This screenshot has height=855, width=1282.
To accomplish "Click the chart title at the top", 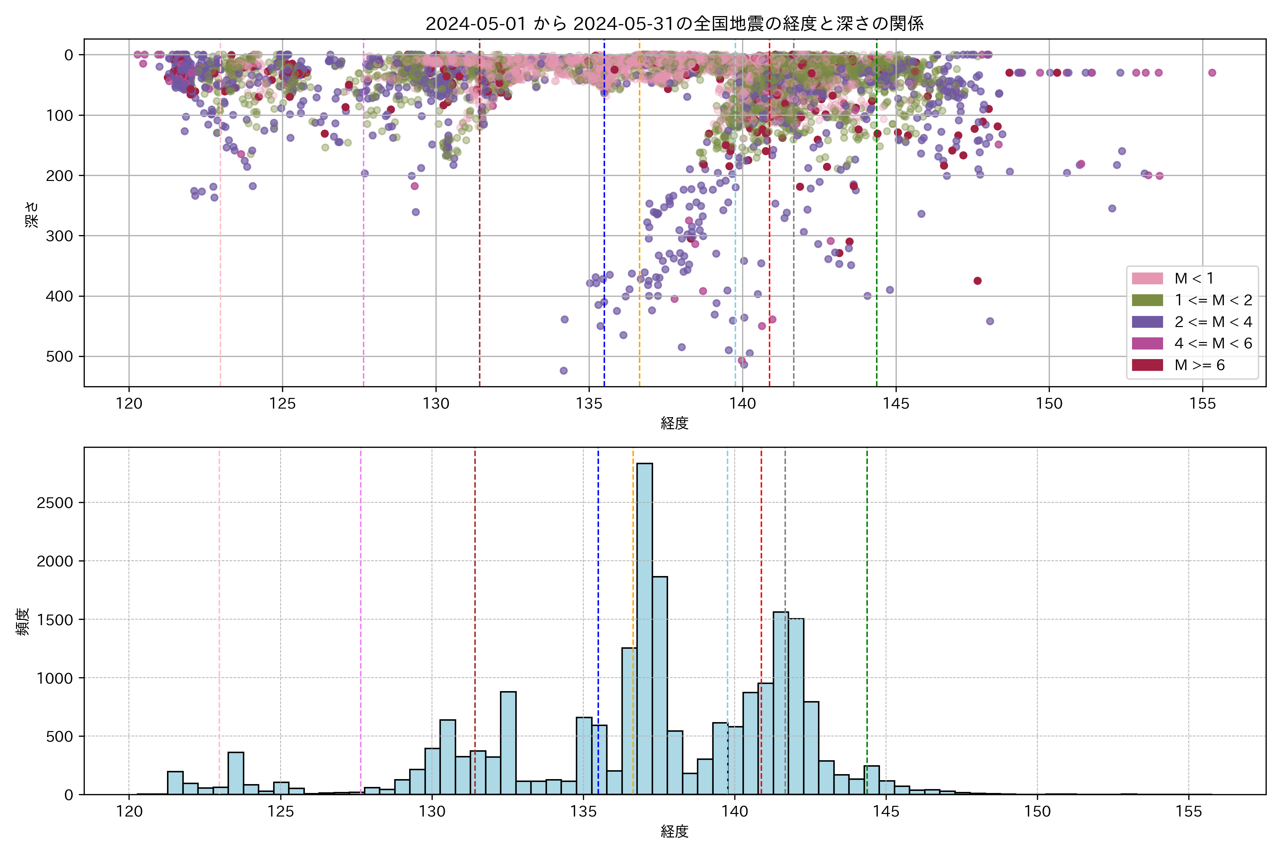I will (674, 24).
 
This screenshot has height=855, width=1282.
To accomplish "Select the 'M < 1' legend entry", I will (1194, 279).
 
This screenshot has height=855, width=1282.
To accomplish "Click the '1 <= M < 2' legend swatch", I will (1147, 300).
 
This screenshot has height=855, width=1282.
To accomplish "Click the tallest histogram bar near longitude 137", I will (644, 627).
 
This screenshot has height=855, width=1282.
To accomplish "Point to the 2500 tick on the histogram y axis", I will (54, 503).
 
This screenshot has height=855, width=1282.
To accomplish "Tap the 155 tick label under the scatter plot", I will (1203, 404).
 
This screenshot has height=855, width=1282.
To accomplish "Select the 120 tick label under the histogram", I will (129, 812).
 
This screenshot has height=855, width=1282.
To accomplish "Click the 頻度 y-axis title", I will (23, 622).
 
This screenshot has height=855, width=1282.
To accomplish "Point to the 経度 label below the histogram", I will (674, 831).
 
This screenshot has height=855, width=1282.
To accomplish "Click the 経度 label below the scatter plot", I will (674, 424).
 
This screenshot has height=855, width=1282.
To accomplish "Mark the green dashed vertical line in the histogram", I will (867, 600).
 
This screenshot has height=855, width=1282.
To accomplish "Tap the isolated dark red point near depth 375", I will (977, 281).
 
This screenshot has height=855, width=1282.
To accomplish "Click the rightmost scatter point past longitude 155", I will (1212, 73).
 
